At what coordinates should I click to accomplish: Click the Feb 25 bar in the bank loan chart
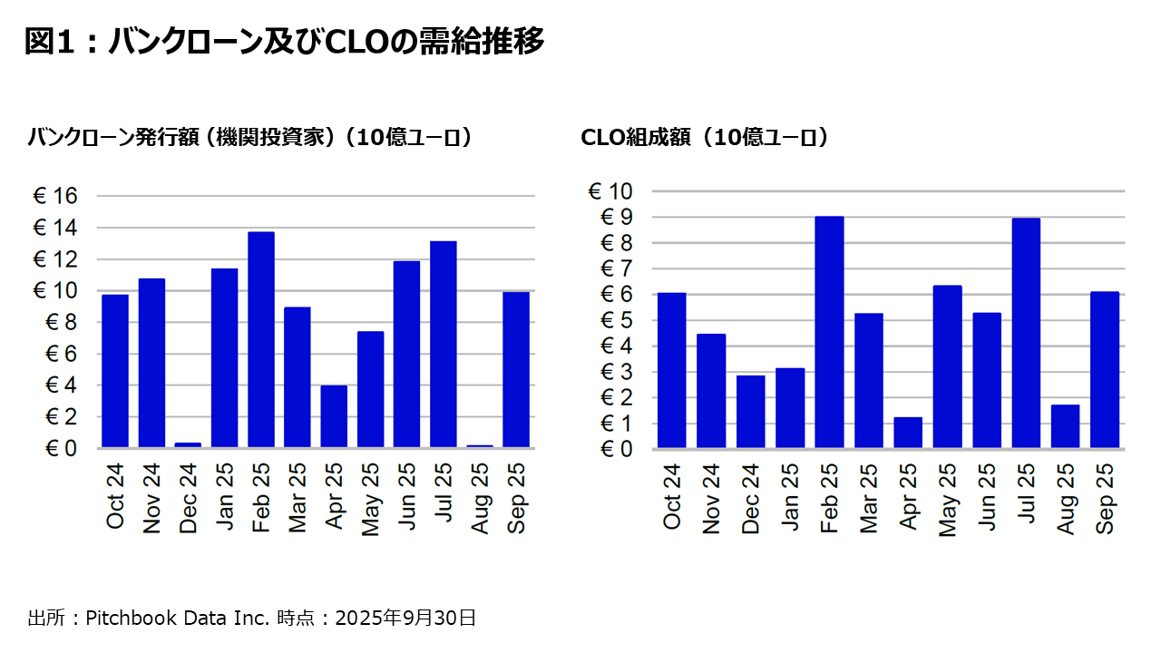coord(261,340)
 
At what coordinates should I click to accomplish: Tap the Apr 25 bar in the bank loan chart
coord(334,416)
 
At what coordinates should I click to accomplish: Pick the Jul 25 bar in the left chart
coord(443,345)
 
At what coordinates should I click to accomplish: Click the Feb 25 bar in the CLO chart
coord(829,332)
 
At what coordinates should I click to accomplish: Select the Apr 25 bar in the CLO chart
coord(908,433)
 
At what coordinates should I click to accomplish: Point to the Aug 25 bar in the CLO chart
coord(1065,426)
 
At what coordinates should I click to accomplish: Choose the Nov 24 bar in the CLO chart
coord(711,391)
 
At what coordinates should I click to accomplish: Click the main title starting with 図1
coord(284,42)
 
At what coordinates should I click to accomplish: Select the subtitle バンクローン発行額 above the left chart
coord(249,138)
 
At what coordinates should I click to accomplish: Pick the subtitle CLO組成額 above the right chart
coord(704,138)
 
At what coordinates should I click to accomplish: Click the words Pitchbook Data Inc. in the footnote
coord(178,619)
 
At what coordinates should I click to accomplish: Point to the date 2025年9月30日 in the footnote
coord(405,619)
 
